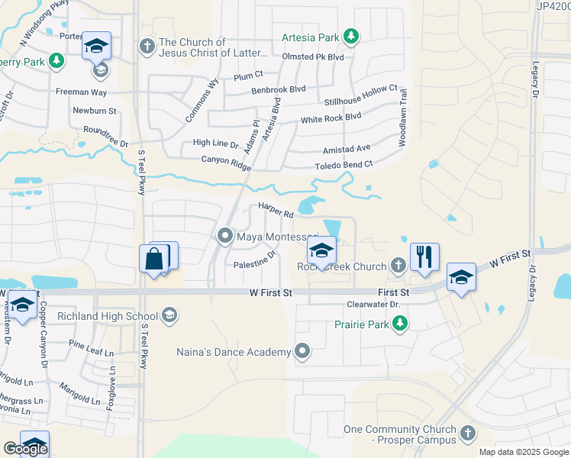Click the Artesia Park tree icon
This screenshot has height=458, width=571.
click(350, 36)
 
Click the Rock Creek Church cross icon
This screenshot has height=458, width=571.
click(397, 266)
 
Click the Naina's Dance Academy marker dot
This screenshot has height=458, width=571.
click(302, 351)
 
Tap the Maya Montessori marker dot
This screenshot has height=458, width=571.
click(225, 237)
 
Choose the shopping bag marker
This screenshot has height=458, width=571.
click(155, 260)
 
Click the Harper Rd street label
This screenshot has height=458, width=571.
click(276, 211)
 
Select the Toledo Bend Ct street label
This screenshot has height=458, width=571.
click(344, 165)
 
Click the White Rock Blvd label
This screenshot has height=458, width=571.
click(331, 118)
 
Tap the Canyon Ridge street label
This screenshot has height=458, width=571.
click(226, 162)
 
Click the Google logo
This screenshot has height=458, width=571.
click(25, 449)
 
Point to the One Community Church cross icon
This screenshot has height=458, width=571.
click(467, 434)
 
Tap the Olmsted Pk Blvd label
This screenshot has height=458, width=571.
click(313, 56)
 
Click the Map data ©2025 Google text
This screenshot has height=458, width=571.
click(523, 452)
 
